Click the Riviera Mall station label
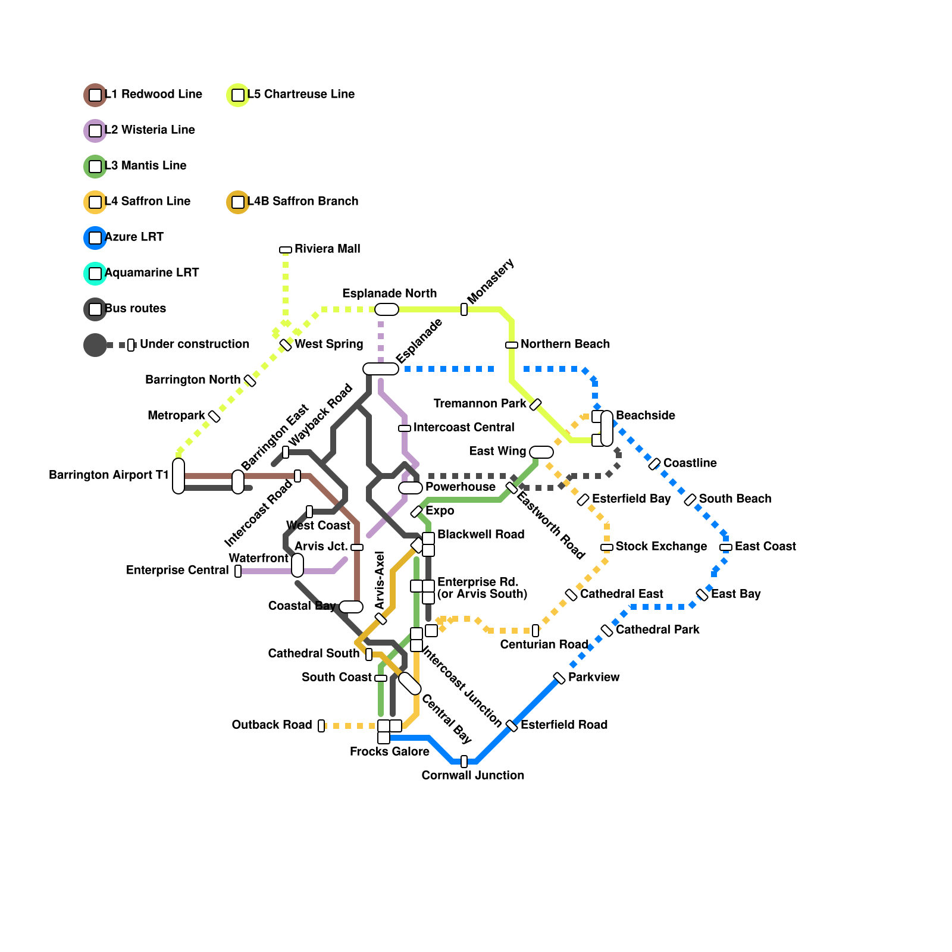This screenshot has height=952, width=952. [327, 249]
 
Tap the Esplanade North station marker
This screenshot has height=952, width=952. [387, 309]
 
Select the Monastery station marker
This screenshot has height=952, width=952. [464, 309]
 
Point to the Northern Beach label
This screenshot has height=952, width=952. [565, 344]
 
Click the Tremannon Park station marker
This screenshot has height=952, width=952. [535, 405]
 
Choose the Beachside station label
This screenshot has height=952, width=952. [645, 415]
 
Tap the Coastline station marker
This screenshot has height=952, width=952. [654, 464]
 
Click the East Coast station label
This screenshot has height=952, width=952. [765, 546]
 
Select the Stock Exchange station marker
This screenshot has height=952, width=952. [607, 547]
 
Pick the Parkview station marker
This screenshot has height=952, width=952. [559, 678]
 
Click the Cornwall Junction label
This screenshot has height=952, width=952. [472, 775]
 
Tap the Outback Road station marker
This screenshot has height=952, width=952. [321, 726]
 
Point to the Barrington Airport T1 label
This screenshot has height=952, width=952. [109, 475]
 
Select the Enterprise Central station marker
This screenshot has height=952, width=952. [238, 571]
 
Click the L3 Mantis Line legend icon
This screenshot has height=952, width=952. [95, 167]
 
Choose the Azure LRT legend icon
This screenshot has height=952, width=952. [95, 238]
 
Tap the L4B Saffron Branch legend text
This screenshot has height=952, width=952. [302, 201]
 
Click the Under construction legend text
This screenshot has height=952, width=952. [195, 344]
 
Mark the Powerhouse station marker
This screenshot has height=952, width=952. [411, 488]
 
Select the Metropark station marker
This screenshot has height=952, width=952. [214, 416]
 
